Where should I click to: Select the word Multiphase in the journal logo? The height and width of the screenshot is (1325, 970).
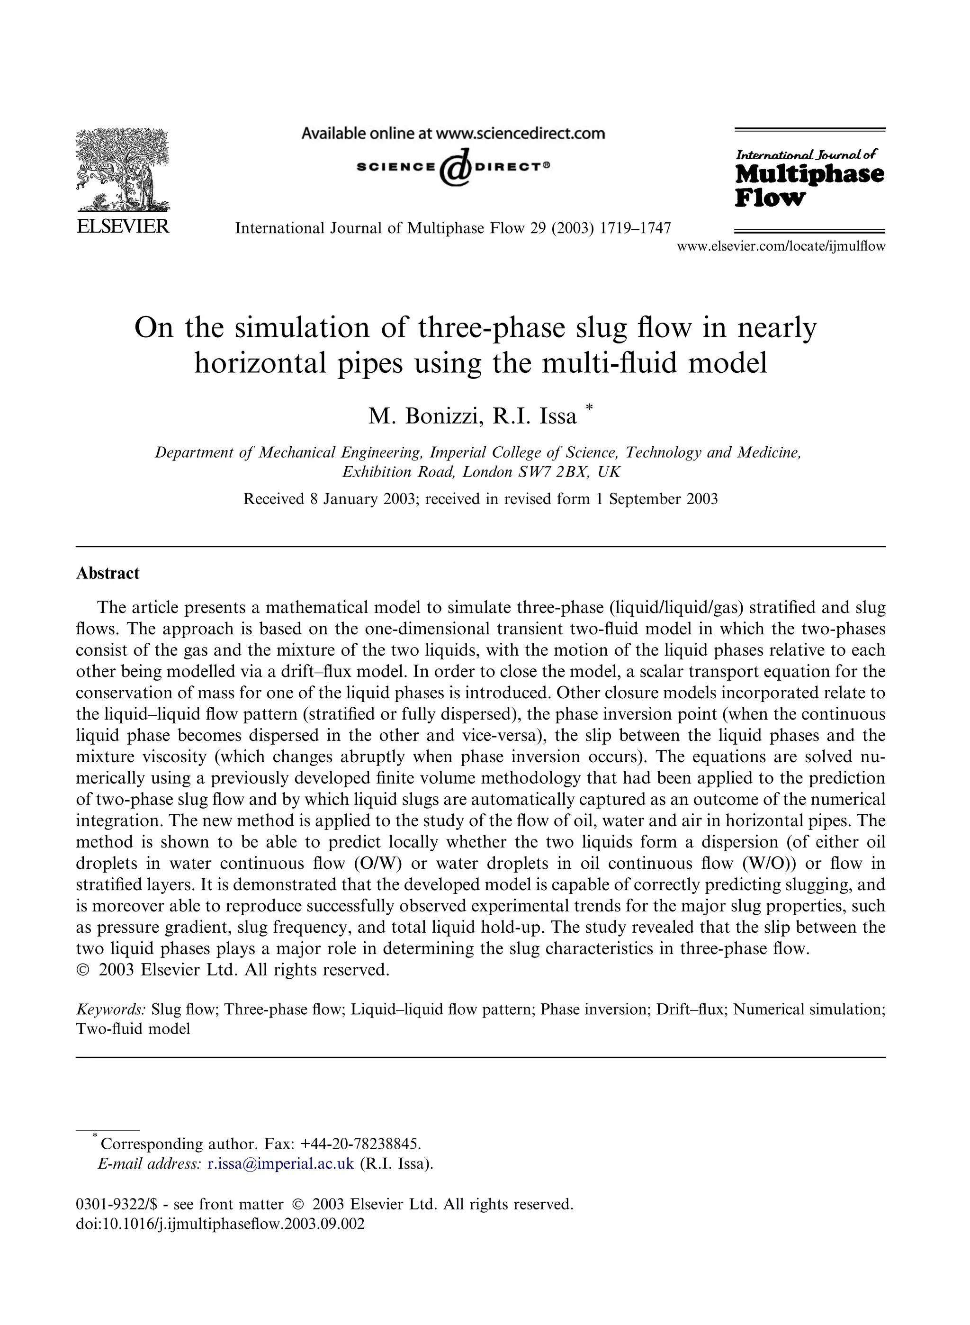tap(809, 174)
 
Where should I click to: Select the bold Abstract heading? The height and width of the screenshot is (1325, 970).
tap(108, 573)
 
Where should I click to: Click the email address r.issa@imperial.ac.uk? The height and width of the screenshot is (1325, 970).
tap(281, 1163)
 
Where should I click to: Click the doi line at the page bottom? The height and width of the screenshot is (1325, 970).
tap(220, 1224)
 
